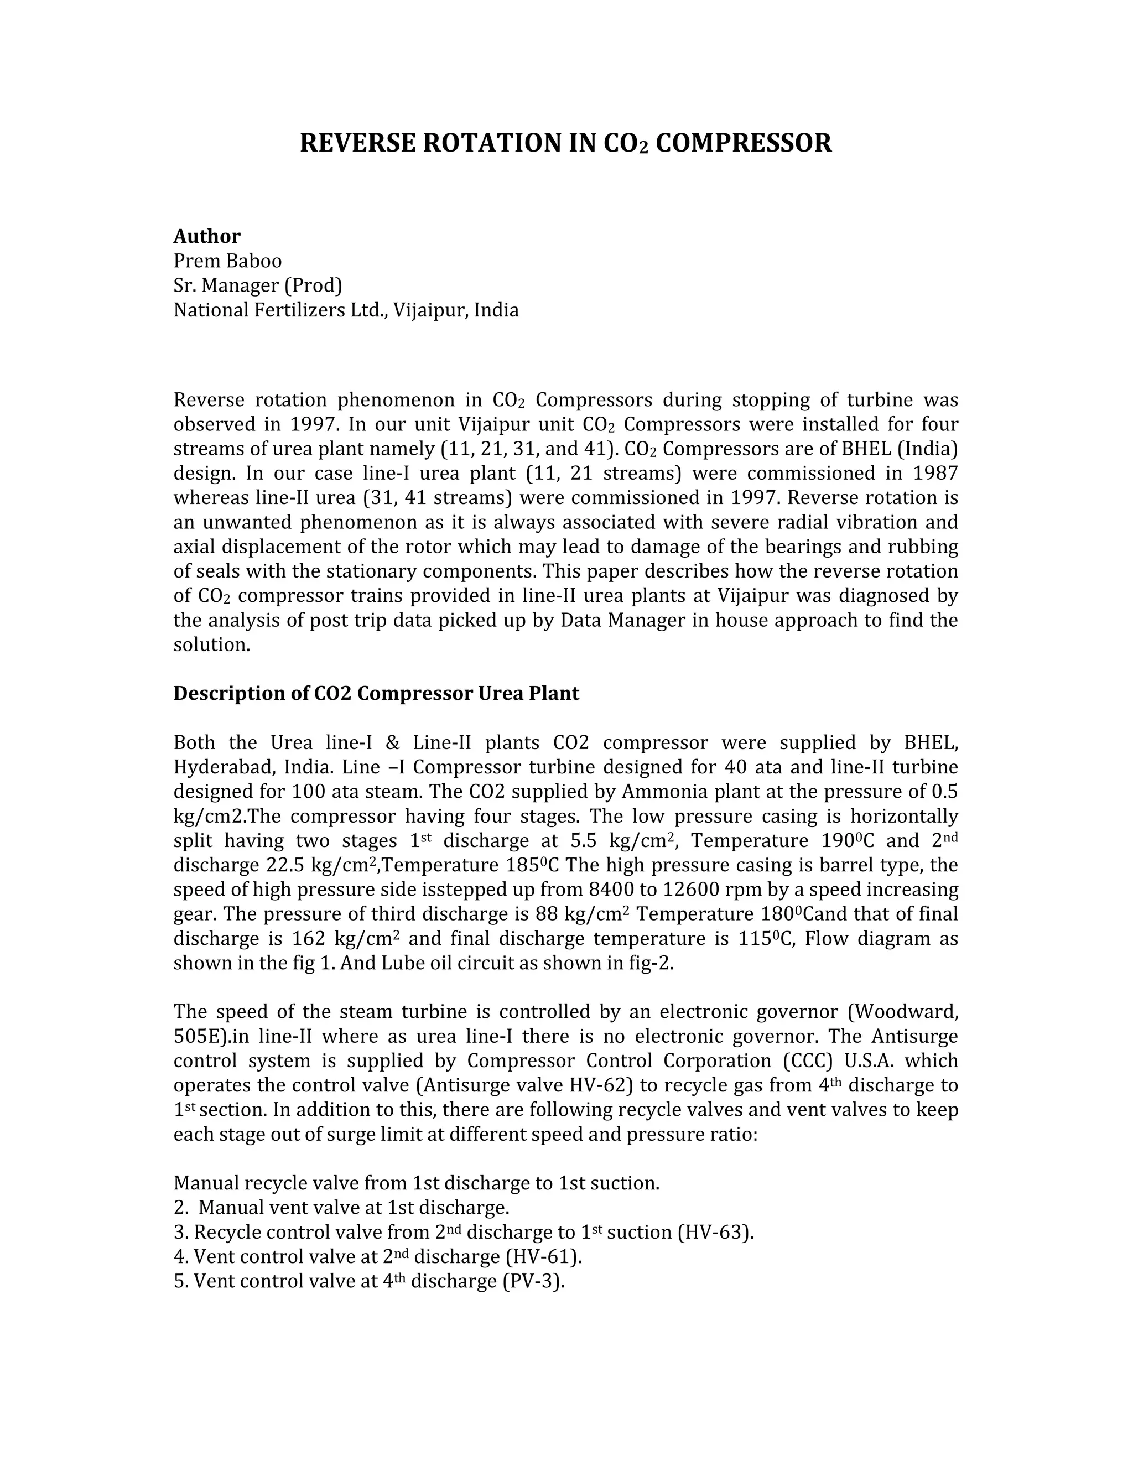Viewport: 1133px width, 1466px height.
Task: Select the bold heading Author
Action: pyautogui.click(x=207, y=236)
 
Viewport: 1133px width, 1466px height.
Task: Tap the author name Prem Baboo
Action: pyautogui.click(x=227, y=261)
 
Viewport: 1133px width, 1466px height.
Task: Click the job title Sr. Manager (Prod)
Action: pyautogui.click(x=258, y=285)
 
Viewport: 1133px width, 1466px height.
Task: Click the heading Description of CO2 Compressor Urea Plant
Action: pyautogui.click(x=376, y=693)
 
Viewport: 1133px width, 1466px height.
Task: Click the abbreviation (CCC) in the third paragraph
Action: pyautogui.click(x=808, y=1060)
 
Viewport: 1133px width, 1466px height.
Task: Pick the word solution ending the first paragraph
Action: pyautogui.click(x=211, y=645)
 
